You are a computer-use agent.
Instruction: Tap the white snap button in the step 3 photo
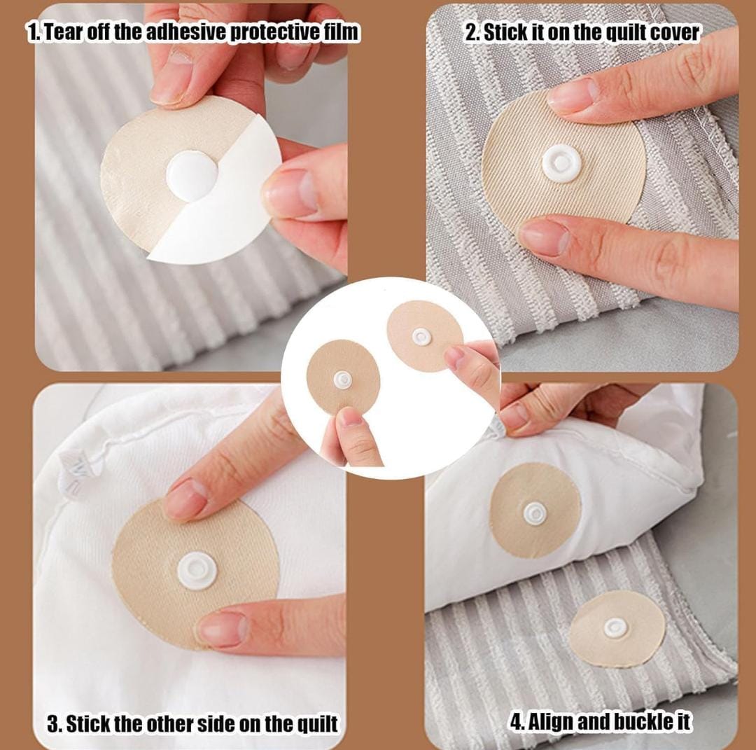pyautogui.click(x=197, y=571)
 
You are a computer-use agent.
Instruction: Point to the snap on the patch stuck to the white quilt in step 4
pyautogui.click(x=535, y=513)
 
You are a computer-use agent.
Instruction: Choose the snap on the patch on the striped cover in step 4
pyautogui.click(x=616, y=627)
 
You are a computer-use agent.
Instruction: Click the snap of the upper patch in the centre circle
pyautogui.click(x=421, y=337)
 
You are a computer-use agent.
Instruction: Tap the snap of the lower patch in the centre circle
pyautogui.click(x=342, y=380)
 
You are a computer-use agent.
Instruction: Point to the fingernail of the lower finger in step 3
pyautogui.click(x=223, y=629)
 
